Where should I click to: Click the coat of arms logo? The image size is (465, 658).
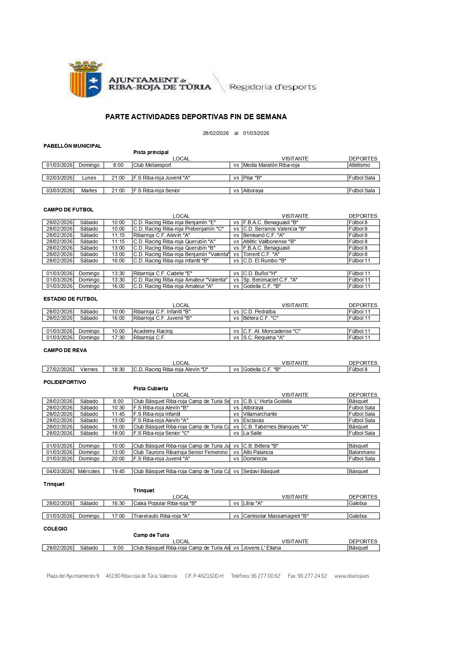coord(86,79)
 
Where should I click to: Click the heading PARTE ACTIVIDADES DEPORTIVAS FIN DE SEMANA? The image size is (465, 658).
coord(196,117)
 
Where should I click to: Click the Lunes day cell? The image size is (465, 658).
coord(89,178)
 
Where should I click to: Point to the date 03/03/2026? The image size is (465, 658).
coord(59,190)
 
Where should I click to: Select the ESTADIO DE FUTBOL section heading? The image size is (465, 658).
coord(70,299)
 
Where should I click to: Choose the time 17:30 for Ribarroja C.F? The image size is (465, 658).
coord(118,337)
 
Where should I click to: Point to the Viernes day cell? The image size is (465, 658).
coord(89,369)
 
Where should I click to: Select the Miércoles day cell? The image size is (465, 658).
coord(89,471)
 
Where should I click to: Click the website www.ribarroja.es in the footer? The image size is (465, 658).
coord(351,576)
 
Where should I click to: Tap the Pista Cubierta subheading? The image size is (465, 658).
coord(151,388)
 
